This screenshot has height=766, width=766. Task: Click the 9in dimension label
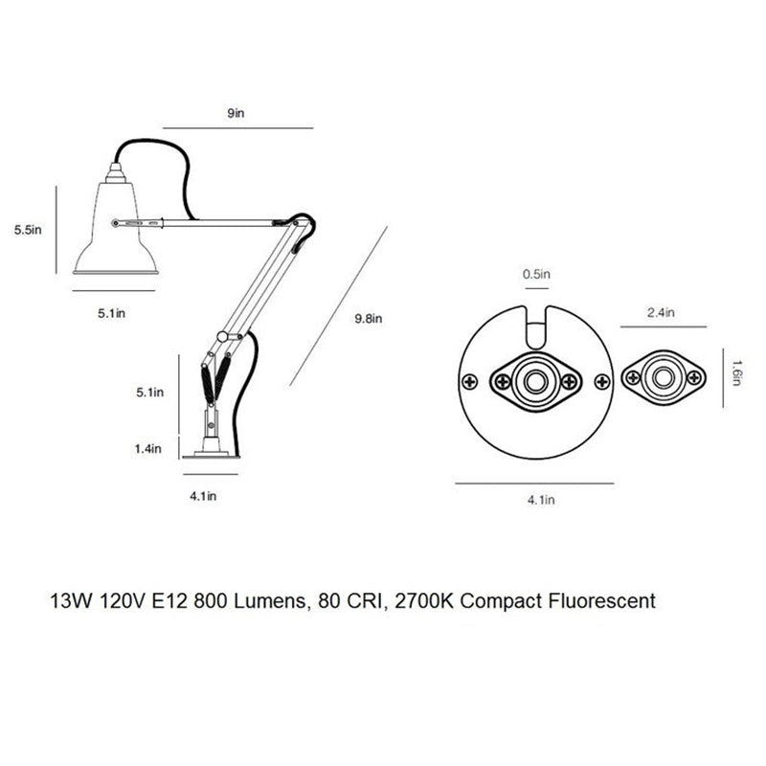pyautogui.click(x=236, y=113)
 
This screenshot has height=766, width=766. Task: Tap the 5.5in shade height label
pyautogui.click(x=28, y=230)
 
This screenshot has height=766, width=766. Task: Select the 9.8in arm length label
pyautogui.click(x=369, y=319)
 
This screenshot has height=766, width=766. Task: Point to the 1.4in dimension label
pyautogui.click(x=148, y=448)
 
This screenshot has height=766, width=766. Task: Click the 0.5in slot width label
pyautogui.click(x=536, y=274)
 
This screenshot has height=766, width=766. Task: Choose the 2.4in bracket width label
pyautogui.click(x=661, y=312)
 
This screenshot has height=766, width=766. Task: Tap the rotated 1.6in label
pyautogui.click(x=736, y=373)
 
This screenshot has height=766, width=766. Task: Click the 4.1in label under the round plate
pyautogui.click(x=541, y=500)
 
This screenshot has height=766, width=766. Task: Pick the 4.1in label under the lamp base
pyautogui.click(x=203, y=496)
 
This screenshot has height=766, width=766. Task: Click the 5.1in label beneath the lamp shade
pyautogui.click(x=111, y=313)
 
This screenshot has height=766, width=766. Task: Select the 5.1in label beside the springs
pyautogui.click(x=150, y=393)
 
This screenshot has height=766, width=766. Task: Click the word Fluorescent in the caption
pyautogui.click(x=602, y=601)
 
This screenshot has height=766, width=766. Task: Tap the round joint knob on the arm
pyautogui.click(x=222, y=337)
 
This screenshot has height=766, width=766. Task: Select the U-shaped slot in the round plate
pyautogui.click(x=536, y=327)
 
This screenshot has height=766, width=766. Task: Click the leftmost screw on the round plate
pyautogui.click(x=470, y=381)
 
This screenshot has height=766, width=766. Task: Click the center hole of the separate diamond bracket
pyautogui.click(x=663, y=377)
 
